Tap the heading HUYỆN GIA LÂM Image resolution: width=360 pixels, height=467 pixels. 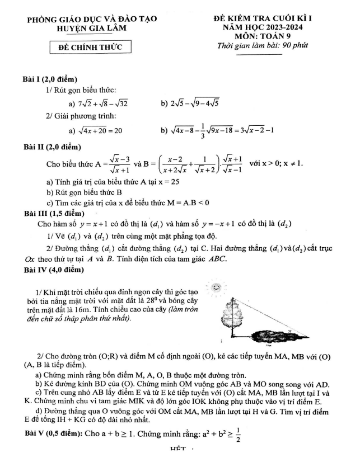pos(92,27)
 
